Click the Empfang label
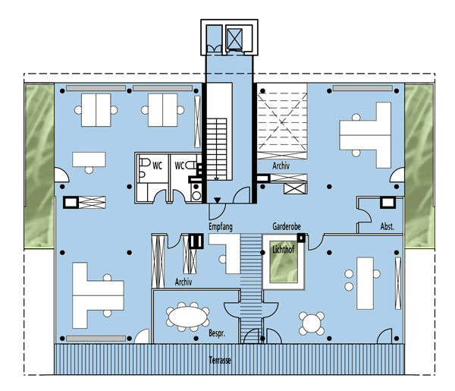221,226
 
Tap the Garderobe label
287,226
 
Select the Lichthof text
283,249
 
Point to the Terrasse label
220,360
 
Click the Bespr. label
217,333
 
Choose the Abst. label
387,226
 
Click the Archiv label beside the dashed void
281,166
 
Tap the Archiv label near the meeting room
184,282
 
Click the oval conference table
188,317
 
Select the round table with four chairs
312,323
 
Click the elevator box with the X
234,39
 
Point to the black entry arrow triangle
218,200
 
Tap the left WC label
157,166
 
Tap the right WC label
179,166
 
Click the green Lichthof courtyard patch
284,261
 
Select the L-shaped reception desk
228,252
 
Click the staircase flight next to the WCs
216,149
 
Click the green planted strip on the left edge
39,166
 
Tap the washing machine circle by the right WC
196,196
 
